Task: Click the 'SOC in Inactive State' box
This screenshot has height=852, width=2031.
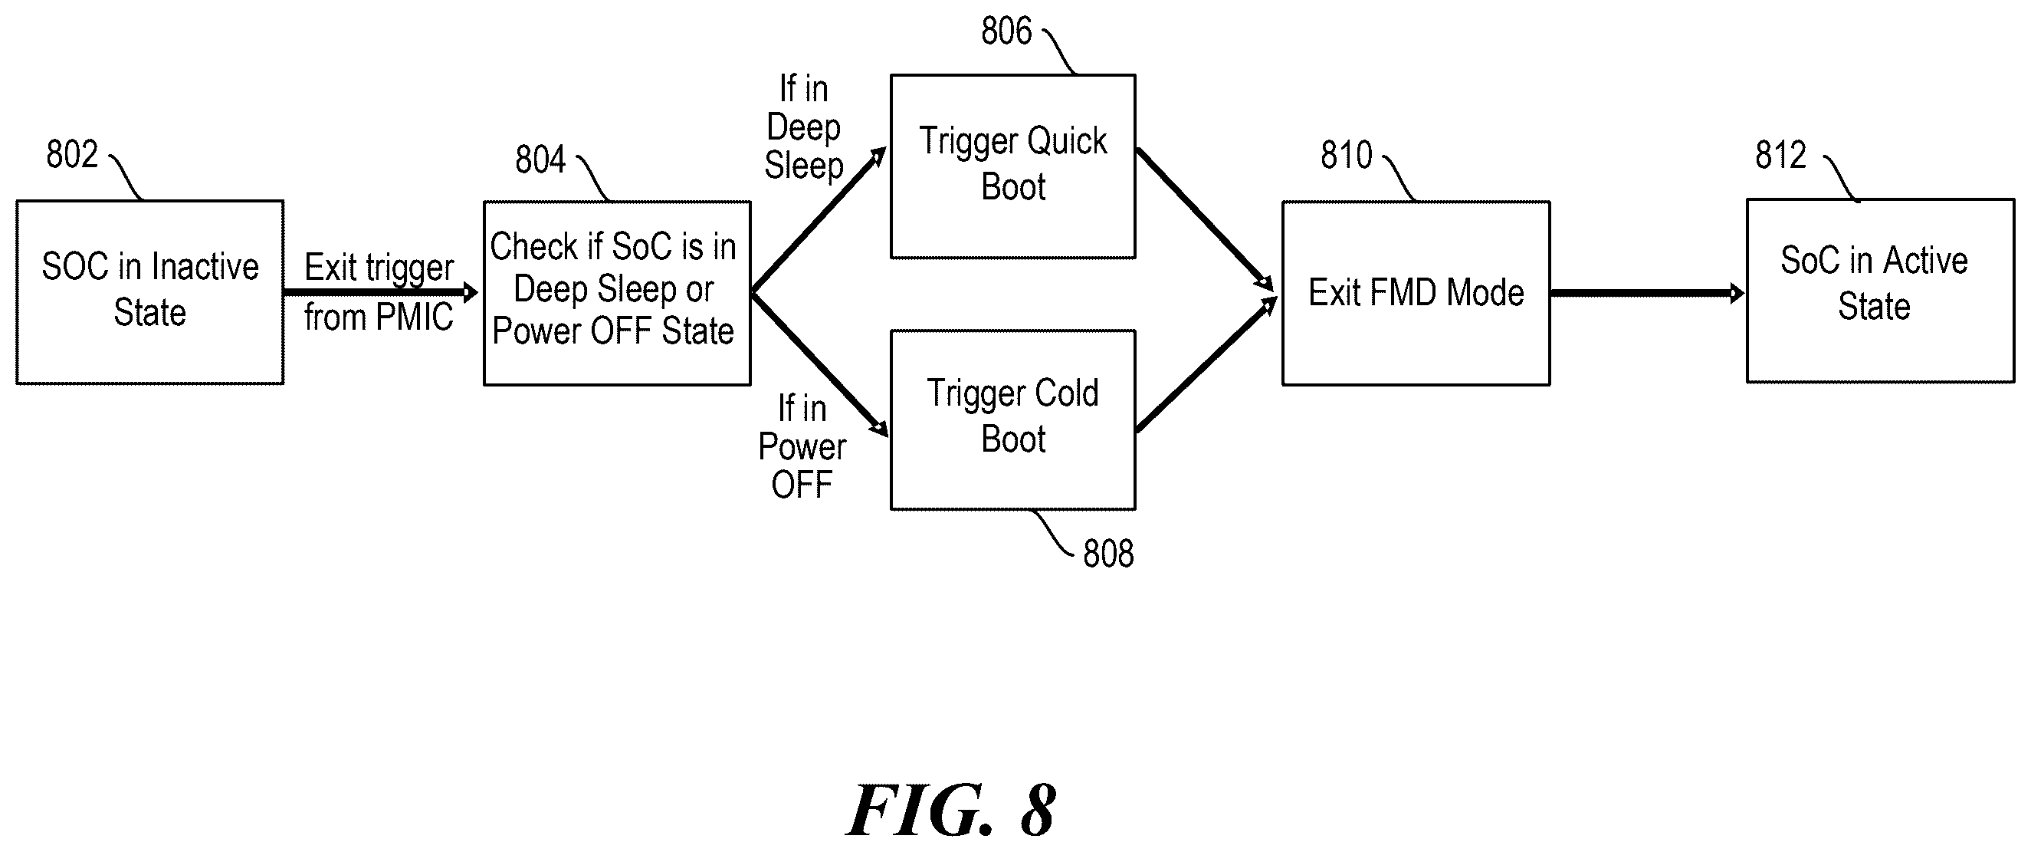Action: point(149,292)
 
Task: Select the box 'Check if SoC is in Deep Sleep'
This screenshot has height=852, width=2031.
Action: point(616,293)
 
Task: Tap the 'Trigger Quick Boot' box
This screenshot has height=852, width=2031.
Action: point(1013,166)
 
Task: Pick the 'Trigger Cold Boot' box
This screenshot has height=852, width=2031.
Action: point(1013,419)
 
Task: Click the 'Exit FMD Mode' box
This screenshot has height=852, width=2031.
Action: point(1416,293)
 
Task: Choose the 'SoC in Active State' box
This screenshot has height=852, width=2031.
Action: point(1881,291)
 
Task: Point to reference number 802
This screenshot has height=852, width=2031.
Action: point(72,154)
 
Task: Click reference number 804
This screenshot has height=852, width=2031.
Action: point(540,160)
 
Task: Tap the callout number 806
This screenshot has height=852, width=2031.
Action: point(1006,31)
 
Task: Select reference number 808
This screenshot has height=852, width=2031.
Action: point(1108,554)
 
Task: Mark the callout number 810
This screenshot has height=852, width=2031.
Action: point(1347,155)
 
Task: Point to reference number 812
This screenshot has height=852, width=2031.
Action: point(1780,155)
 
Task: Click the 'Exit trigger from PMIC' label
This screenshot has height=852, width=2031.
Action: point(379,293)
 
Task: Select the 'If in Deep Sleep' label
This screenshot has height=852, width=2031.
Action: point(803,127)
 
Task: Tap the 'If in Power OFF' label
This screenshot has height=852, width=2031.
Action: point(802,447)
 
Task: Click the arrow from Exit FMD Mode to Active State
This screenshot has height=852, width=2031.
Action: point(1648,294)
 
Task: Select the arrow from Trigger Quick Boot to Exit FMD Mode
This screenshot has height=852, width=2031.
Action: point(1205,219)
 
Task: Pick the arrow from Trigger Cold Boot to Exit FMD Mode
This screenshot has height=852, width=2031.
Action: point(1206,364)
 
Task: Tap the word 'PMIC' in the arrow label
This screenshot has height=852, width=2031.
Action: point(415,317)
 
